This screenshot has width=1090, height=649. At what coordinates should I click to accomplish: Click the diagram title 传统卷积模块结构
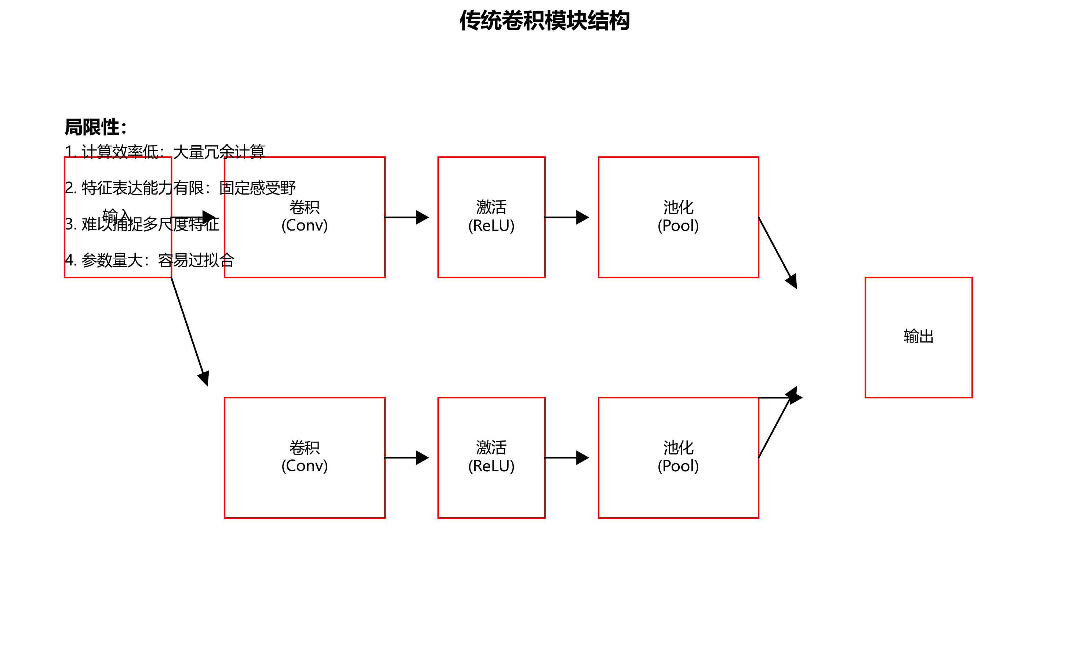coord(544,21)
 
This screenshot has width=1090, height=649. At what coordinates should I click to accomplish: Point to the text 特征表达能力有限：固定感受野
coord(180,188)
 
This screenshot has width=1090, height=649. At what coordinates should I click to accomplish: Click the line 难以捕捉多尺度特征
coord(142,224)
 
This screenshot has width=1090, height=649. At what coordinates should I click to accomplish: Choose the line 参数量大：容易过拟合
coord(149,260)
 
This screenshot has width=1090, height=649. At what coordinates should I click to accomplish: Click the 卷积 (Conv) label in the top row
coord(304,217)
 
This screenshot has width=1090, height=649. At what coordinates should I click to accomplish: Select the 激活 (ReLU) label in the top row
coord(491,217)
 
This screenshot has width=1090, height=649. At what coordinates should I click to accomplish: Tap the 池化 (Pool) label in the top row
coord(678,217)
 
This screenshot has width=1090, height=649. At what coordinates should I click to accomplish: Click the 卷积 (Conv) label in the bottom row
coord(304,457)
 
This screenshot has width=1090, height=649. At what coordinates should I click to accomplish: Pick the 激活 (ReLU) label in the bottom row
coord(491,457)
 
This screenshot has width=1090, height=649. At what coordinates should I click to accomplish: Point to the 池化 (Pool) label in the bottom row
coord(678,457)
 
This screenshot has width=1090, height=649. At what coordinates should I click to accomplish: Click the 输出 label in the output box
coord(918,336)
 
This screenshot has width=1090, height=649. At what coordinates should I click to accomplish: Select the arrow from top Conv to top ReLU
coord(406,217)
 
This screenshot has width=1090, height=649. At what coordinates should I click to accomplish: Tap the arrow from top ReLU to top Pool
coord(567,217)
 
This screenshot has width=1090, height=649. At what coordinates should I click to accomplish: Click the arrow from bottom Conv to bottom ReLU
coord(406,458)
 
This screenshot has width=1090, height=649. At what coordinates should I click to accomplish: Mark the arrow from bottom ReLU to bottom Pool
coord(567,458)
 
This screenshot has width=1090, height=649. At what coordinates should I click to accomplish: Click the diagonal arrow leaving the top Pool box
coord(777,252)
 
